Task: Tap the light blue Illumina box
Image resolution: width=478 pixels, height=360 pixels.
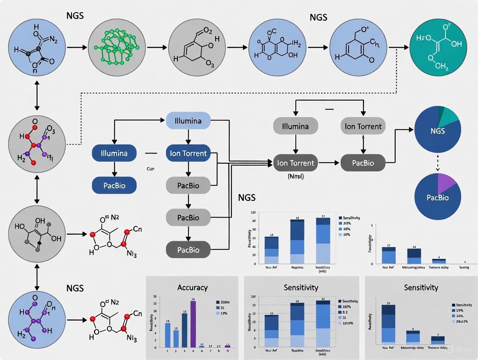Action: (x=188, y=121)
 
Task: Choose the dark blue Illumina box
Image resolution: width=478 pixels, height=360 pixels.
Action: (x=114, y=153)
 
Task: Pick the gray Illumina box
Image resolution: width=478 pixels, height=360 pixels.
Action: (x=296, y=126)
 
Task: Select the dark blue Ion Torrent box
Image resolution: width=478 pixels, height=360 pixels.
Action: (x=188, y=153)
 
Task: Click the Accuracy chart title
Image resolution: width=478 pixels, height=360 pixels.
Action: (x=192, y=287)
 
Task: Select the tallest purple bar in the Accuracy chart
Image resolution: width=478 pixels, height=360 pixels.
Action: (x=193, y=324)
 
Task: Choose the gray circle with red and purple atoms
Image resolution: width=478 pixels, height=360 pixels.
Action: (x=37, y=141)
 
